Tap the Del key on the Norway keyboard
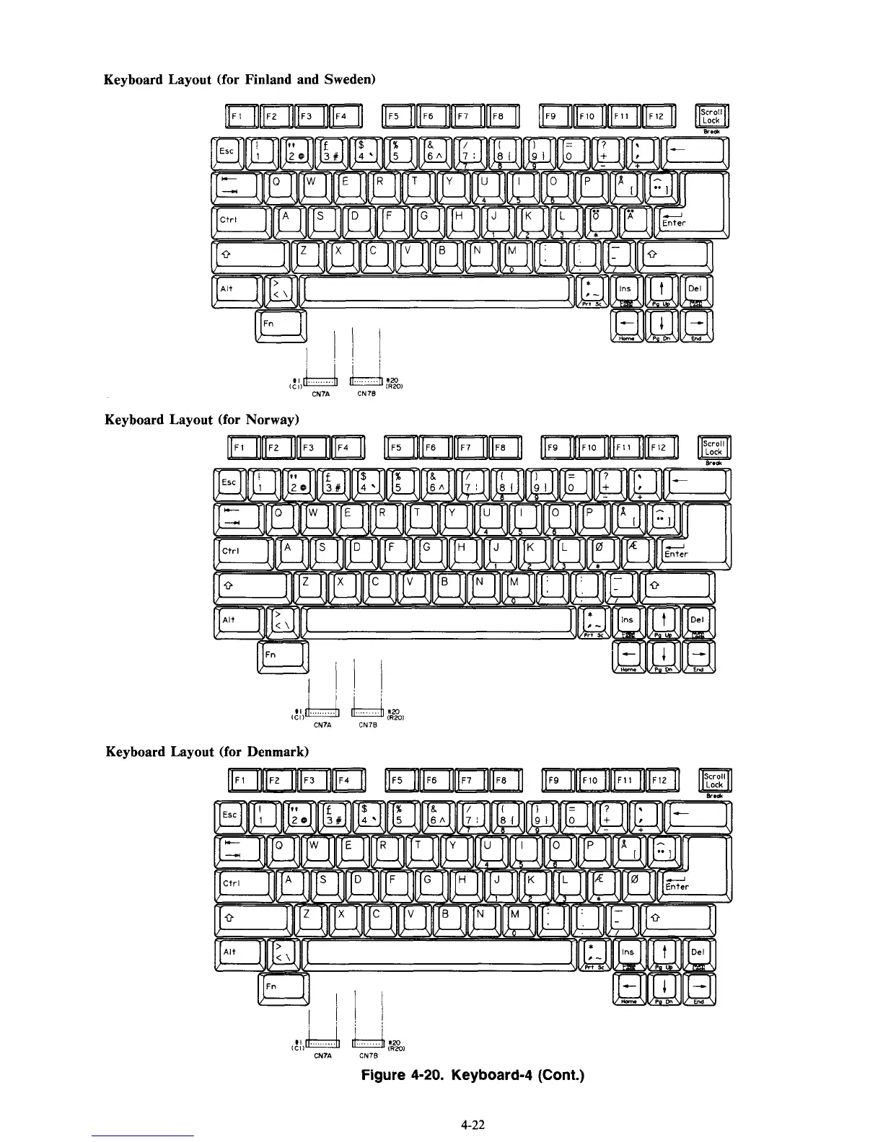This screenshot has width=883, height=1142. (x=698, y=619)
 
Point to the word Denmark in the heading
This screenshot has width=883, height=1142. (x=277, y=752)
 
